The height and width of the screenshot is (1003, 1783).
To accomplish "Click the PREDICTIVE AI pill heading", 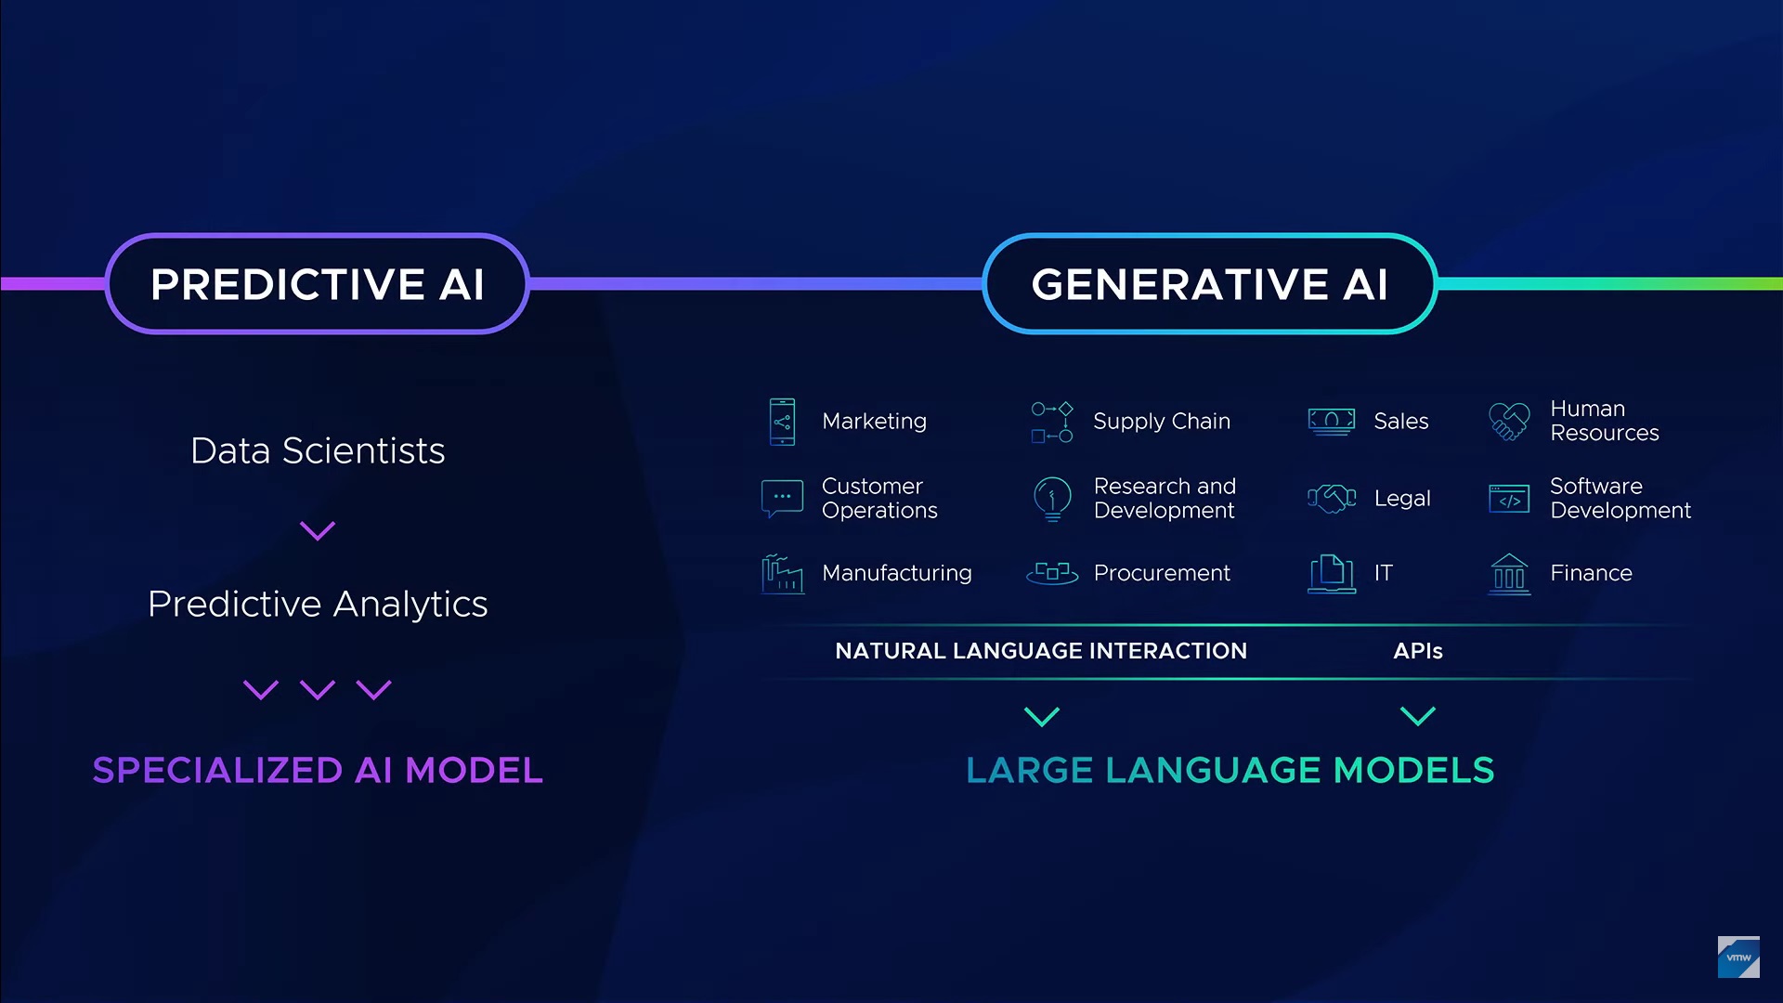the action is (318, 283).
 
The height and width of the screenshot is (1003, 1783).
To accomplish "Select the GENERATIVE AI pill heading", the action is (1209, 283).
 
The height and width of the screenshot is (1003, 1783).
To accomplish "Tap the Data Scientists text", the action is (318, 450).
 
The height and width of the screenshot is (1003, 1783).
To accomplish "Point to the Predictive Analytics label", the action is (318, 604).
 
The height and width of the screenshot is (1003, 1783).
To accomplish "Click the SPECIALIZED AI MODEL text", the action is (318, 770).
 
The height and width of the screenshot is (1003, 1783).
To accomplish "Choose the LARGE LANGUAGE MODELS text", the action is (1230, 770).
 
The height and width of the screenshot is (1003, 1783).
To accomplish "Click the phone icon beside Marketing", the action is (782, 422).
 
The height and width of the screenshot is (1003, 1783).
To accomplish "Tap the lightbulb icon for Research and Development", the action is (1052, 499).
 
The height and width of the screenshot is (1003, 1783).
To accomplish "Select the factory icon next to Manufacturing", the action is (782, 574).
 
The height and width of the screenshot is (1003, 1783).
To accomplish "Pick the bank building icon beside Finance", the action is (1509, 574).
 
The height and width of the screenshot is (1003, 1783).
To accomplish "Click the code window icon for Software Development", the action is (1509, 499).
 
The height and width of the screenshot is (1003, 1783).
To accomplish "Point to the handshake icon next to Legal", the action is (1332, 499).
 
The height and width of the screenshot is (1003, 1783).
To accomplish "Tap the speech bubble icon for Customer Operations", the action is (782, 499).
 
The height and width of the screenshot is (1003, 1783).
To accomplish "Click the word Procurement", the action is (1162, 573).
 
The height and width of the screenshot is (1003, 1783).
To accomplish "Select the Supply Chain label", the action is (1162, 422).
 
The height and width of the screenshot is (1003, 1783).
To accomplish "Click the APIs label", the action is (1418, 651).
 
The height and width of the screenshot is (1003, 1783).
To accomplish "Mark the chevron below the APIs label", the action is (1418, 716).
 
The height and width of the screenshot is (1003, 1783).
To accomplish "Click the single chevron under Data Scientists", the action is (318, 531).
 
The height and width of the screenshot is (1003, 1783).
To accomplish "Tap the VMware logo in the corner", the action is (1738, 957).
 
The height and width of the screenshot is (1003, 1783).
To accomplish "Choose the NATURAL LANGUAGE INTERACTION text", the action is (1041, 651).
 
